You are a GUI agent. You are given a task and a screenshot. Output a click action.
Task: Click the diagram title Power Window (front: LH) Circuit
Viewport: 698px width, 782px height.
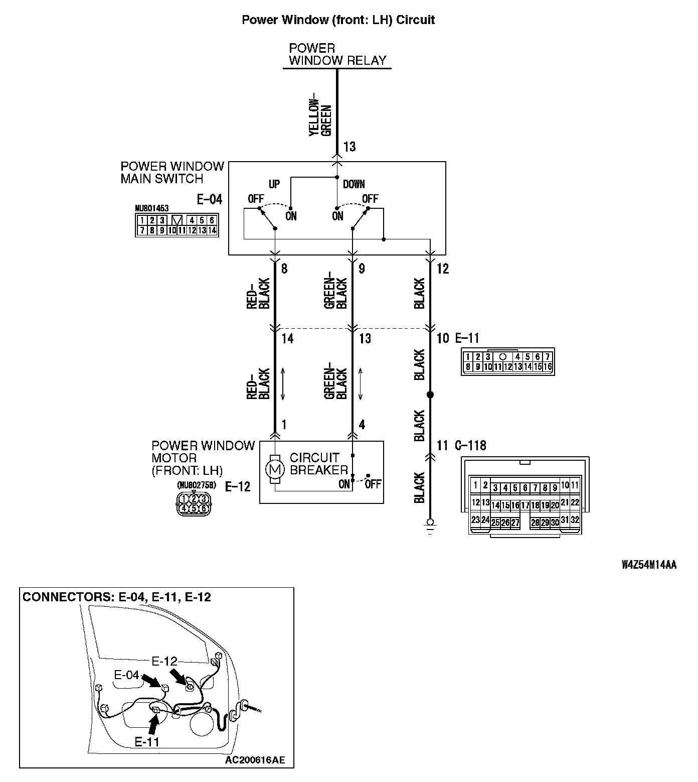point(338,20)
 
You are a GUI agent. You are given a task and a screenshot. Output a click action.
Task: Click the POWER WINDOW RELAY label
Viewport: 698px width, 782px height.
point(337,55)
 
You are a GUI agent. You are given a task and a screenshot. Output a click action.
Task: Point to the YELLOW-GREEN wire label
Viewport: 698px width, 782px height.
point(320,114)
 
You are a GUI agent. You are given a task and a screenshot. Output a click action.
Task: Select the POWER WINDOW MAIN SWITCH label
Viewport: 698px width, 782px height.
point(172,173)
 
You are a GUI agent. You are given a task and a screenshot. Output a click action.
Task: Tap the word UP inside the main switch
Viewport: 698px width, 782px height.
point(274,184)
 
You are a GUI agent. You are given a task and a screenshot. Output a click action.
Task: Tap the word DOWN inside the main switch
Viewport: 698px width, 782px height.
point(354,184)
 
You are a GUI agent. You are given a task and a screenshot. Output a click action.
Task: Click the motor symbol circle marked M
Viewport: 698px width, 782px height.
point(274,470)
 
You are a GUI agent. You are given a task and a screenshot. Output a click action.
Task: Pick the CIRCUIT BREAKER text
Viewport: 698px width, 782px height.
point(318,464)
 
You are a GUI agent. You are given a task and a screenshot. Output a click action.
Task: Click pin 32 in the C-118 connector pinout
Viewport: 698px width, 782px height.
point(575,520)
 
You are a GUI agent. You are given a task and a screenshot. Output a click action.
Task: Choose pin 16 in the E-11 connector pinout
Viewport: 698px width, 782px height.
point(547,367)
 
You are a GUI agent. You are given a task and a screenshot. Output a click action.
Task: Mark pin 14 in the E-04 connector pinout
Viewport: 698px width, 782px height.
point(212,230)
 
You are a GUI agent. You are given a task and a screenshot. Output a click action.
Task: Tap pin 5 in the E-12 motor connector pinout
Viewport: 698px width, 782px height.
point(194,508)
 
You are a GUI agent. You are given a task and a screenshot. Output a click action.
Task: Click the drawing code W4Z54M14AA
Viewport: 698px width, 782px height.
point(648,565)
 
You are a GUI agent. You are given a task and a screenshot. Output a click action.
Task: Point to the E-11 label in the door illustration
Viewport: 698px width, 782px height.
point(147,742)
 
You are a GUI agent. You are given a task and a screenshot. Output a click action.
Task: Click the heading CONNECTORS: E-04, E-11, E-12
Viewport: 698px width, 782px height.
point(117,597)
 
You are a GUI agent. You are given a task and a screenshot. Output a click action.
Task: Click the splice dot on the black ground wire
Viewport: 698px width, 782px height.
point(430,395)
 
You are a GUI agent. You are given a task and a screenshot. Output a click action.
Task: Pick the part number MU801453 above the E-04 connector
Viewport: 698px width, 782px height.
point(151,207)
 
